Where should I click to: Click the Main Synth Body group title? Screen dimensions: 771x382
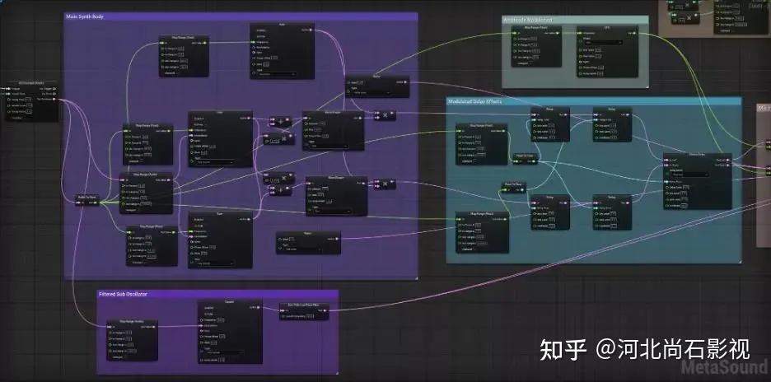[x=85, y=16]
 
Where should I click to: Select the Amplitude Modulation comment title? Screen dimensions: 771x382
[x=528, y=20]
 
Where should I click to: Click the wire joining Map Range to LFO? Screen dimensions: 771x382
[x=572, y=34]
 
